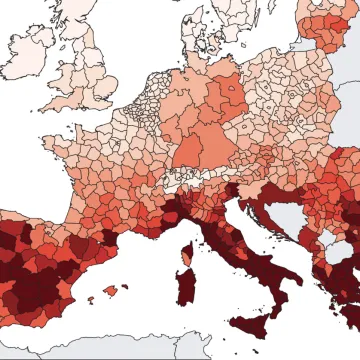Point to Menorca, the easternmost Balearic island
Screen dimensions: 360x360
coord(125,285)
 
